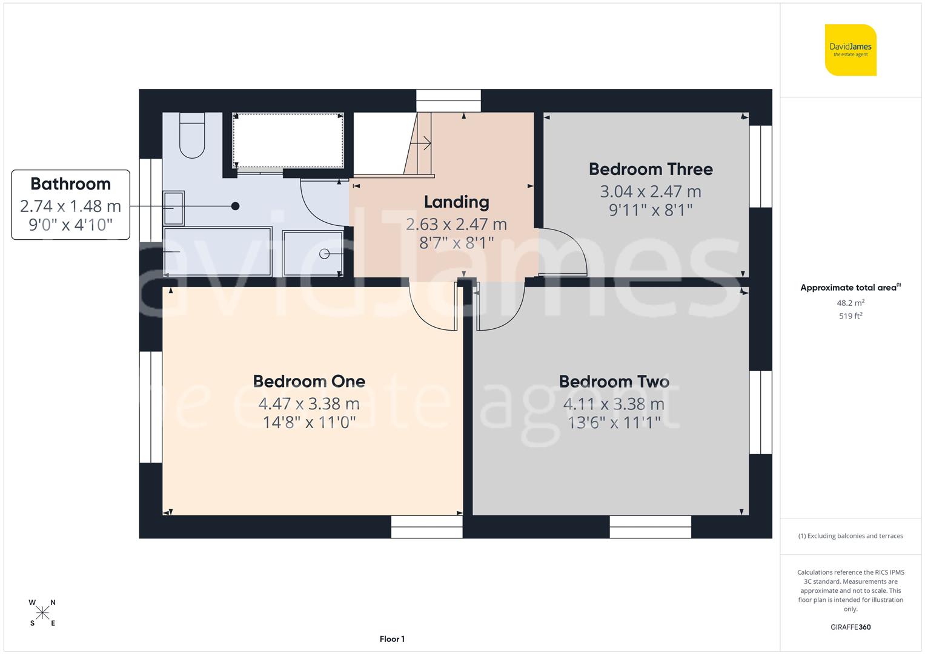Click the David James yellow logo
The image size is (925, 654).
coord(850,50)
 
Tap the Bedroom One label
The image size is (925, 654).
coord(309,381)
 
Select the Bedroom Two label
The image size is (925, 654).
coord(614,381)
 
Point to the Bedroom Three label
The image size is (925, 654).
coord(651,169)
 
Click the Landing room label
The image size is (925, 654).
coord(456,202)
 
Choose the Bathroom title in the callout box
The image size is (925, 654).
coord(70,183)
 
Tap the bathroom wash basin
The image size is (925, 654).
coord(174,208)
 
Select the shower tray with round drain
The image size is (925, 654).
coord(313,253)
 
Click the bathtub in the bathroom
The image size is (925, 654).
coord(217,251)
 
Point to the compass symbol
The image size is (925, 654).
coord(42,613)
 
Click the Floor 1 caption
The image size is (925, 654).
coord(392,639)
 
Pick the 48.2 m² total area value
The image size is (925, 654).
coord(850,303)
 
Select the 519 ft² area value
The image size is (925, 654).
coord(850,315)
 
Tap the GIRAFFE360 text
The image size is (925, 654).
coord(850,627)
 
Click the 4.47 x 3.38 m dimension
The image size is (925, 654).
coord(309,403)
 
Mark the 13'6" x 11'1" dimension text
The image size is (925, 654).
coord(614,422)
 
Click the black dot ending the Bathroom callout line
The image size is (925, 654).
coord(235,206)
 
